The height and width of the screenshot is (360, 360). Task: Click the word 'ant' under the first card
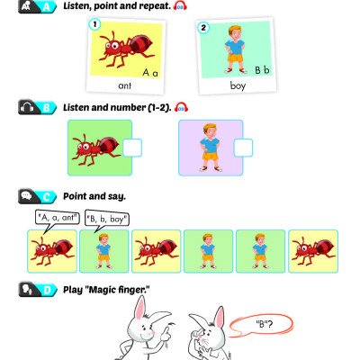[x=125, y=85]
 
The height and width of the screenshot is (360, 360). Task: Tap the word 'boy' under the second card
[x=238, y=85]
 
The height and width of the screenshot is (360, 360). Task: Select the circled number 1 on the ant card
[x=94, y=24]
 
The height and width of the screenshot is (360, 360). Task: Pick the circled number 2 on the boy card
[x=203, y=28]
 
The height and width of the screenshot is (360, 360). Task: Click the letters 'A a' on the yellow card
[x=150, y=73]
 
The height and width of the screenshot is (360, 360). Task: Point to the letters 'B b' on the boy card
[x=262, y=70]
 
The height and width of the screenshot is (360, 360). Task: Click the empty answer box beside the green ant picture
[x=132, y=148]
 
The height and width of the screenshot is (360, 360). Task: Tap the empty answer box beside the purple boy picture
[x=243, y=148]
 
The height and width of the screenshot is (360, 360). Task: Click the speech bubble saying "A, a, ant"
[x=57, y=218]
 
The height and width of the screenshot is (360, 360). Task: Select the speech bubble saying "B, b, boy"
[x=107, y=220]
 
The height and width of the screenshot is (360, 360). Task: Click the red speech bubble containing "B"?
[x=261, y=325]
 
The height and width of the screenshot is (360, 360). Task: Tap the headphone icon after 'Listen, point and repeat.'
[x=180, y=6]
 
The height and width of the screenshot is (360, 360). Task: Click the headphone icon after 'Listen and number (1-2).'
[x=181, y=107]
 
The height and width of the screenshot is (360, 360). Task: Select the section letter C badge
[x=47, y=197]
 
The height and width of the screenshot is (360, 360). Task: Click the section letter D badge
[x=48, y=290]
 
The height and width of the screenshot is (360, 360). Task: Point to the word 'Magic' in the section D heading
[x=103, y=290]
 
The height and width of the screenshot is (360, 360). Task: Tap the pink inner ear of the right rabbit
[x=220, y=318]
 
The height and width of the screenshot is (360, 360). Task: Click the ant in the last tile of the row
[x=313, y=250]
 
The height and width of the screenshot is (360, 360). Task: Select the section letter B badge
[x=47, y=108]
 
